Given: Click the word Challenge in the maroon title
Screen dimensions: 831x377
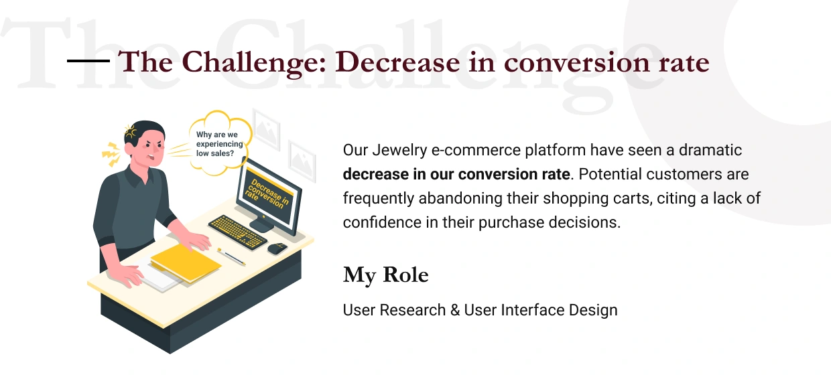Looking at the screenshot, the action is click(254, 63).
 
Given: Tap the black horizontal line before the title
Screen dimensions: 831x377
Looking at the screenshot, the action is click(88, 60).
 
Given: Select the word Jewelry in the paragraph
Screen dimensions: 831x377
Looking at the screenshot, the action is click(399, 151).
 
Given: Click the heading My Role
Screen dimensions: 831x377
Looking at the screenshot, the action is click(385, 275).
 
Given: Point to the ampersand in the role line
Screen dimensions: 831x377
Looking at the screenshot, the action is click(455, 310).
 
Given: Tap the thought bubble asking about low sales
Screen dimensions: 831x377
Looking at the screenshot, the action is click(220, 143).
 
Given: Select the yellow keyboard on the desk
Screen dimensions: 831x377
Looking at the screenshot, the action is click(237, 232).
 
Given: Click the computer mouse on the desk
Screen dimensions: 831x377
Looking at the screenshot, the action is click(277, 248).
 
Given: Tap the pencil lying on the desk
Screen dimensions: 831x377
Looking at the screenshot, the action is click(231, 256).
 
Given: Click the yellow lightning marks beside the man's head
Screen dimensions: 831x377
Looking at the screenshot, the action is click(111, 154).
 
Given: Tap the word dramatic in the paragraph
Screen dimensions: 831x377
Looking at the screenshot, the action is click(710, 150).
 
